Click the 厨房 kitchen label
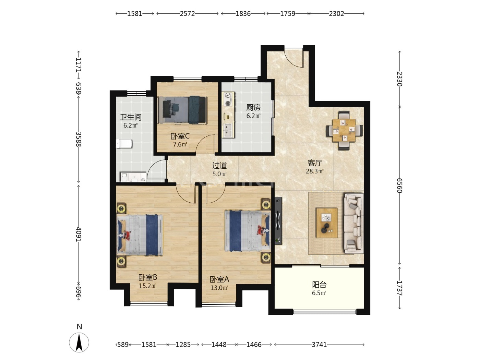pos(253,107)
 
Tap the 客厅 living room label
pos(315,163)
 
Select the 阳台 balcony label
pos(319,285)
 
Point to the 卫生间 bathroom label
pos(131,117)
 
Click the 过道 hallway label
pos(219,166)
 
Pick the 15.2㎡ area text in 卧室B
pos(148,286)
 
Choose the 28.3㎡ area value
pos(314,171)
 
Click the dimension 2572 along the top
pos(187,14)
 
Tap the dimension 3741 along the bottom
pos(319,345)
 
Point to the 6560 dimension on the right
pos(399,185)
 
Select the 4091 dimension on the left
pos(79,234)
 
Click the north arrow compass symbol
pos(79,343)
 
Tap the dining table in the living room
pos(344,130)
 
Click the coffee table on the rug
pos(327,223)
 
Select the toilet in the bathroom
pos(124,144)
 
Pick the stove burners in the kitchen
pos(228,99)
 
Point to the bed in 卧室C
pos(183,110)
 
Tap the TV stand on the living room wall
pos(278,220)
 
